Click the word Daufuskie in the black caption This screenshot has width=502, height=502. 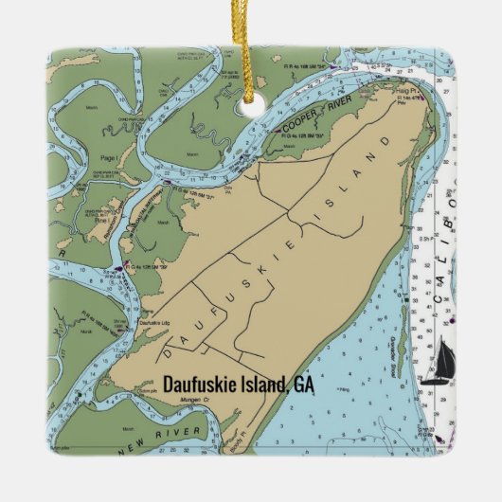pos(199,385)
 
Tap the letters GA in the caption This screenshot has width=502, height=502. pos(303,385)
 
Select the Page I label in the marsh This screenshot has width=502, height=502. pos(110,156)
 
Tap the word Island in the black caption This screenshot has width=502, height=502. pos(262,385)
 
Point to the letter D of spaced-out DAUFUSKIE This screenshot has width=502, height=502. pos(169,351)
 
